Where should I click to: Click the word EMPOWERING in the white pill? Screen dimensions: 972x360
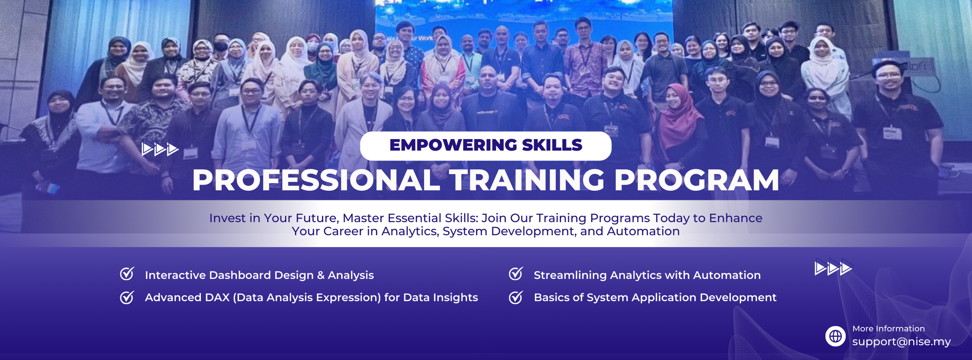coord(452,145)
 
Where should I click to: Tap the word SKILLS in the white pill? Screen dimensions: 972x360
coord(552,145)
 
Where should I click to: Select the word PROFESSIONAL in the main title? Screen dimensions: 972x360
coord(316,180)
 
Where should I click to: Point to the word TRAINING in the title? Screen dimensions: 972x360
coord(527,180)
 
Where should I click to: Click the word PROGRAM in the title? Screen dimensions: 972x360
coord(697,180)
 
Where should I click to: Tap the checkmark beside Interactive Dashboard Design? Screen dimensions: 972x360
coord(127,274)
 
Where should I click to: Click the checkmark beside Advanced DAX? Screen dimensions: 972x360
coord(127,297)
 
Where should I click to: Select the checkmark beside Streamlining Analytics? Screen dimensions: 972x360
coord(516,274)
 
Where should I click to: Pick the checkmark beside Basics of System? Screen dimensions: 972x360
coord(516,297)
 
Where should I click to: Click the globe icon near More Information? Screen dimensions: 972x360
coord(835,336)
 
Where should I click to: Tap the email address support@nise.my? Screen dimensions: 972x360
coord(901,342)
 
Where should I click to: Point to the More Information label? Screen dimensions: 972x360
coord(889,329)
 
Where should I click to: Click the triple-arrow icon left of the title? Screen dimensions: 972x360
coord(160,149)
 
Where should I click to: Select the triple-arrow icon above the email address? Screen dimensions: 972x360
coord(833,268)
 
